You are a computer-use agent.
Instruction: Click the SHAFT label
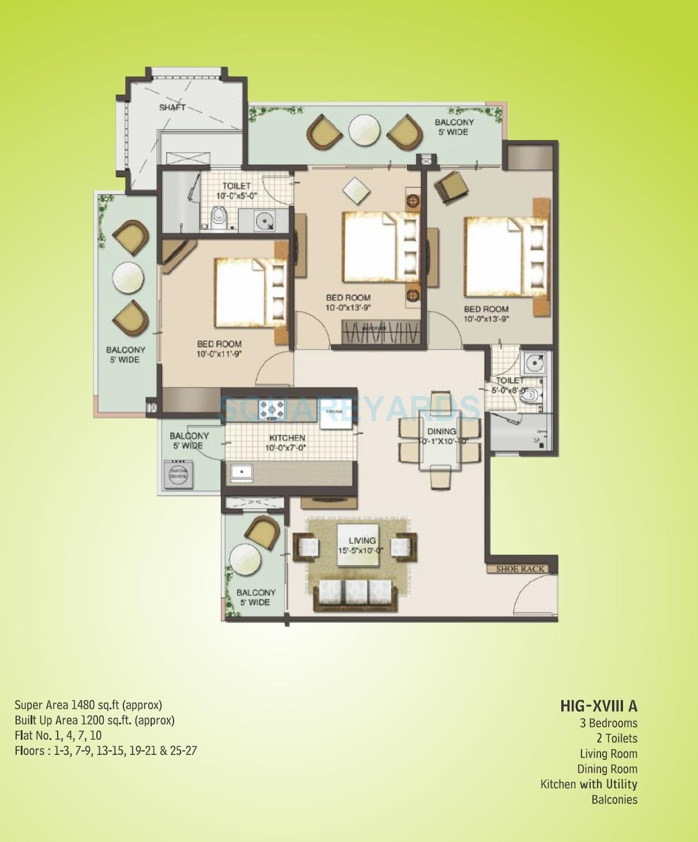[x=172, y=107]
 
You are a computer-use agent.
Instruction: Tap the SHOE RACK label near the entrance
[x=520, y=569]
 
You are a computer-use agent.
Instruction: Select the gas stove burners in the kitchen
[x=272, y=409]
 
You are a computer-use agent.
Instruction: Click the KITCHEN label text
[x=287, y=438]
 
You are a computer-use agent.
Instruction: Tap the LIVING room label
[x=362, y=540]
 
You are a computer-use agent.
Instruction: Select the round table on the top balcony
[x=365, y=129]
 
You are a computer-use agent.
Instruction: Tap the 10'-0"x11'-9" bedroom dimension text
[x=219, y=354]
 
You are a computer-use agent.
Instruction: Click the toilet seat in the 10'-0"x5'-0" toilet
[x=219, y=219]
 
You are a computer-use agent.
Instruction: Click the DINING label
[x=441, y=431]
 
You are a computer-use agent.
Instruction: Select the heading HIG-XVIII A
[x=598, y=706]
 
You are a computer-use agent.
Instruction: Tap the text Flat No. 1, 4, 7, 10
[x=58, y=735]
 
